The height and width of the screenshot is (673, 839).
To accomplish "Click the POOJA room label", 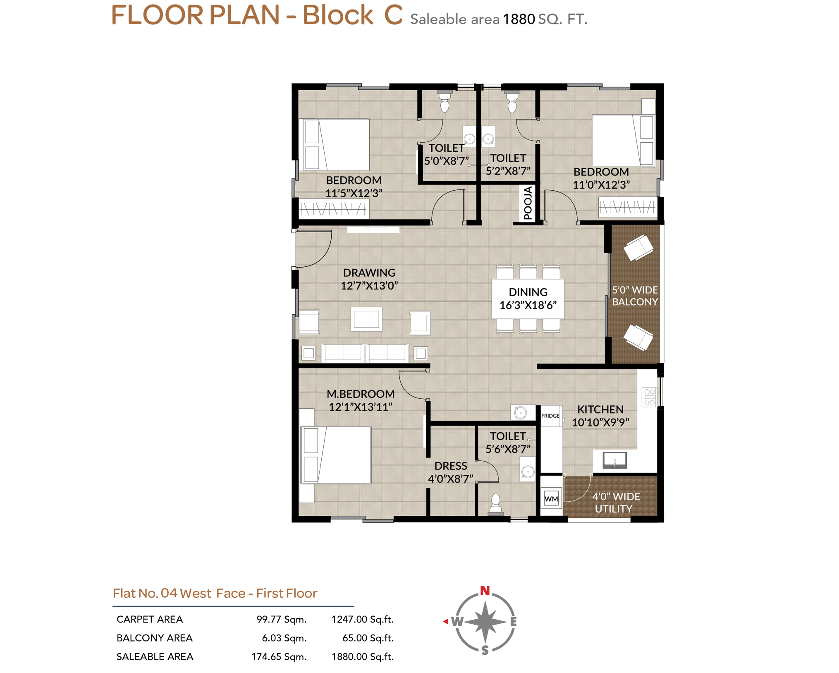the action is click(x=528, y=203).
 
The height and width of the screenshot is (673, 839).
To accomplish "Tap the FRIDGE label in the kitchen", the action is click(x=550, y=416).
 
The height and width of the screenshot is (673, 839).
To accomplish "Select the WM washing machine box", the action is click(x=551, y=498).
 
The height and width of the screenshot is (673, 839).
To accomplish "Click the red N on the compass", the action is click(x=485, y=590).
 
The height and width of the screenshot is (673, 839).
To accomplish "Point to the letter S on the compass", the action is click(x=485, y=650).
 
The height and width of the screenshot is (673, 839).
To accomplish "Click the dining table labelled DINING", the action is click(x=528, y=299).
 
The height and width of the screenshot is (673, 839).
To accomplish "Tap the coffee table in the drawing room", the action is click(x=366, y=319).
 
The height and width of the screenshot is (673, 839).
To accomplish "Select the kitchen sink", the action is click(x=614, y=460).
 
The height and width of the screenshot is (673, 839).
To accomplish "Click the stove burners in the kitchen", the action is click(x=649, y=397).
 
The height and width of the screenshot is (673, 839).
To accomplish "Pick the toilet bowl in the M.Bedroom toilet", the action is click(x=495, y=504).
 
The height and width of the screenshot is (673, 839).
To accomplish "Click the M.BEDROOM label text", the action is click(x=361, y=394).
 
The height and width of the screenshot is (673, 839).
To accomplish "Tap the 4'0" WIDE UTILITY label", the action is click(x=615, y=502).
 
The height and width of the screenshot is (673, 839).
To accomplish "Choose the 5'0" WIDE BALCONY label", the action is click(x=635, y=296).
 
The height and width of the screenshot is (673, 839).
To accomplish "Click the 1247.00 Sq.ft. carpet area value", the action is click(x=363, y=619).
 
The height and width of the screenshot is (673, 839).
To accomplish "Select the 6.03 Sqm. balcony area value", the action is click(x=284, y=638).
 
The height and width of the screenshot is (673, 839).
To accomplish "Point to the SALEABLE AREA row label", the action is click(x=155, y=656).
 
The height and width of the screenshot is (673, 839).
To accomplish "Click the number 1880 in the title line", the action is click(x=519, y=19).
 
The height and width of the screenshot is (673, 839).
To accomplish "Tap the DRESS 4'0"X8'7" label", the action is click(x=450, y=472).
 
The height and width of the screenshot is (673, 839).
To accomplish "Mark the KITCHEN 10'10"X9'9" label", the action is click(x=600, y=416).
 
